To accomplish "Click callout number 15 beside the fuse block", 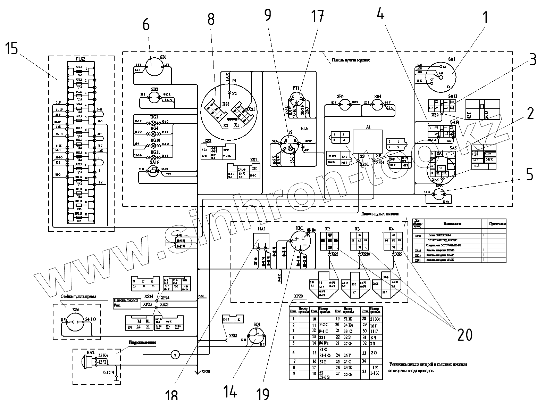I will [x=11, y=49].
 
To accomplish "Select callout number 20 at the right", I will [x=464, y=335].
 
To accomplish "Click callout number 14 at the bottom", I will [x=230, y=392].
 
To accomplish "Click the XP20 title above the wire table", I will [x=298, y=296].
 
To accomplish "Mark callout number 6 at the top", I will [x=146, y=25].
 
